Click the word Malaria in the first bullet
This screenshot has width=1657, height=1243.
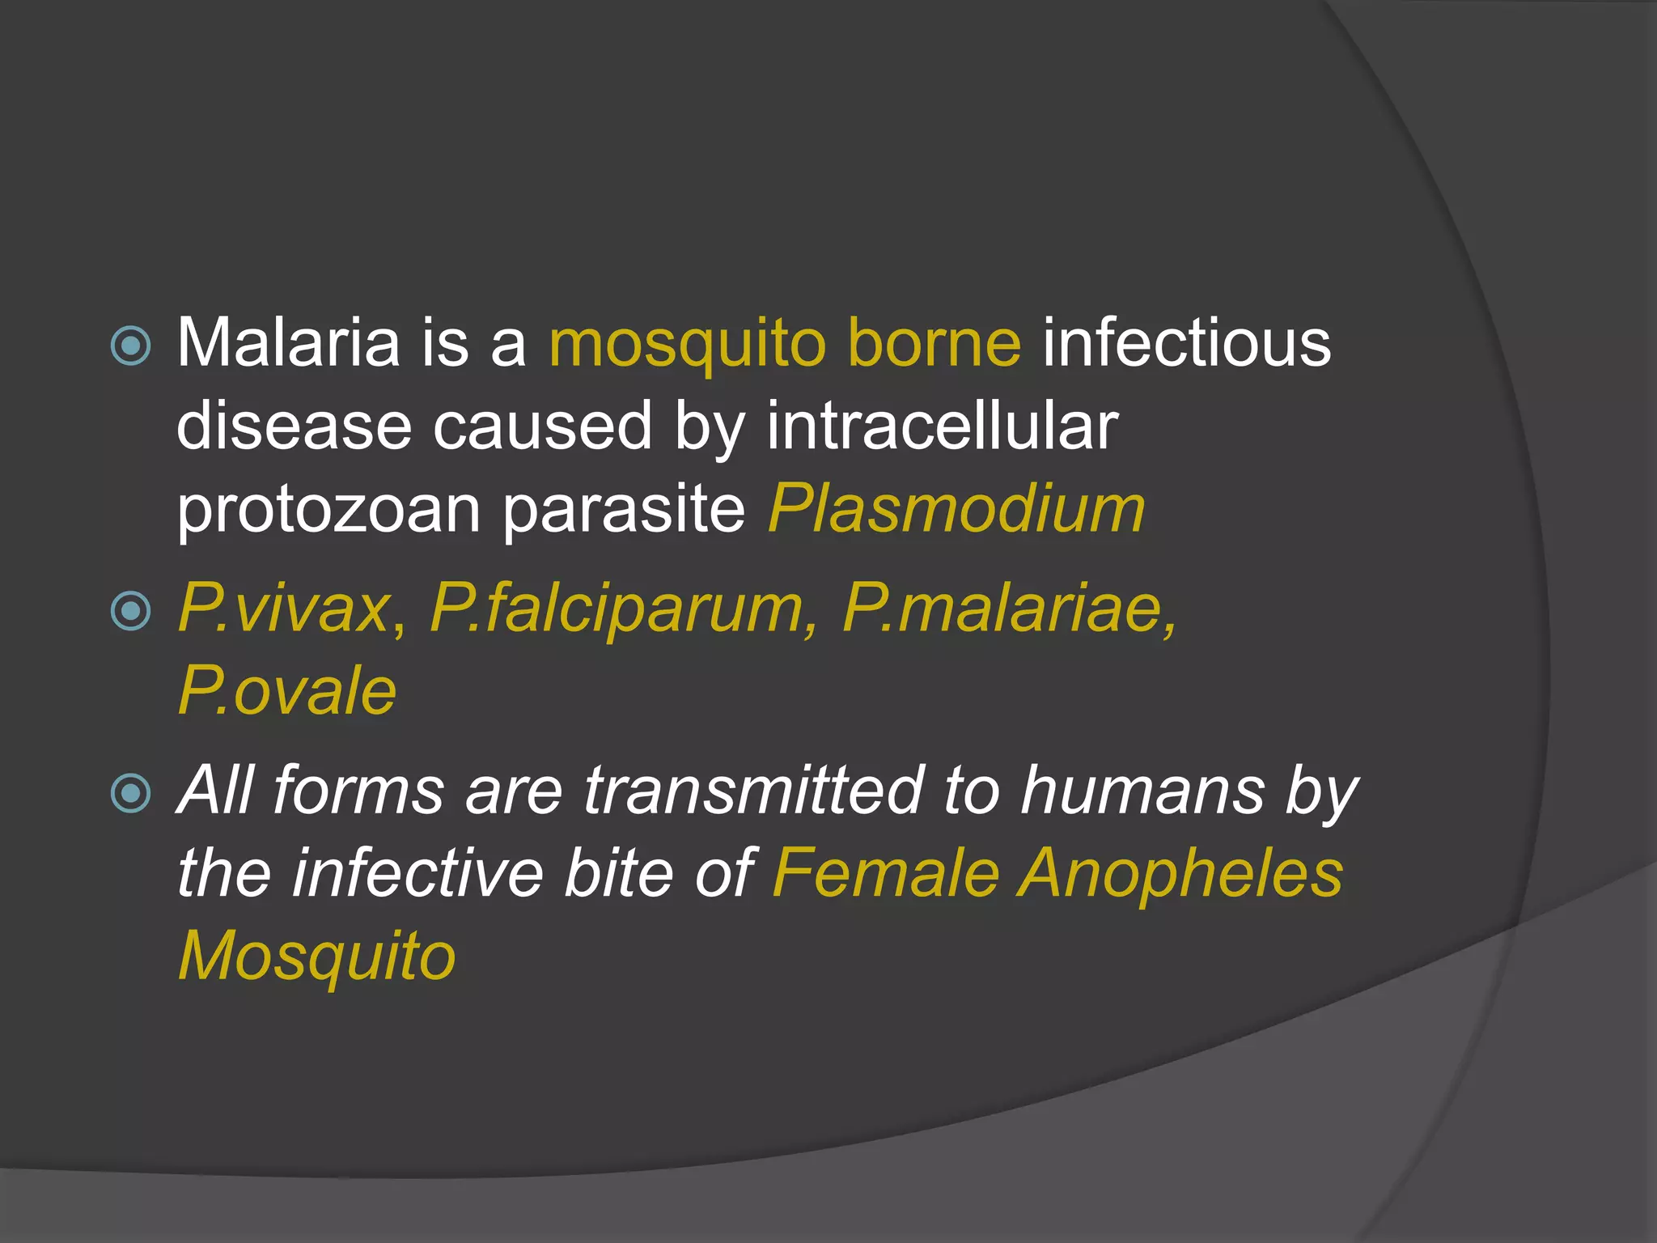[x=287, y=343]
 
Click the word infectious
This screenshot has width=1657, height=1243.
[x=1186, y=343]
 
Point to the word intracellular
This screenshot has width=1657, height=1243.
[x=942, y=426]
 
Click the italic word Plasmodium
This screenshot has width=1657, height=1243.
[x=956, y=510]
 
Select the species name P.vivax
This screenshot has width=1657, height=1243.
[x=284, y=609]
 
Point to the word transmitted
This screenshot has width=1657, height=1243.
[x=753, y=791]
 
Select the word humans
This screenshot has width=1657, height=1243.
[x=1142, y=791]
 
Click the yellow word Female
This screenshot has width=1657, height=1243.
[x=886, y=874]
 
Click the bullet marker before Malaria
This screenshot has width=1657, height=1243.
[x=130, y=346]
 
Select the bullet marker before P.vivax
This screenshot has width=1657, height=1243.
[x=130, y=611]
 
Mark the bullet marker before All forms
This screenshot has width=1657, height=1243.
[x=130, y=792]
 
